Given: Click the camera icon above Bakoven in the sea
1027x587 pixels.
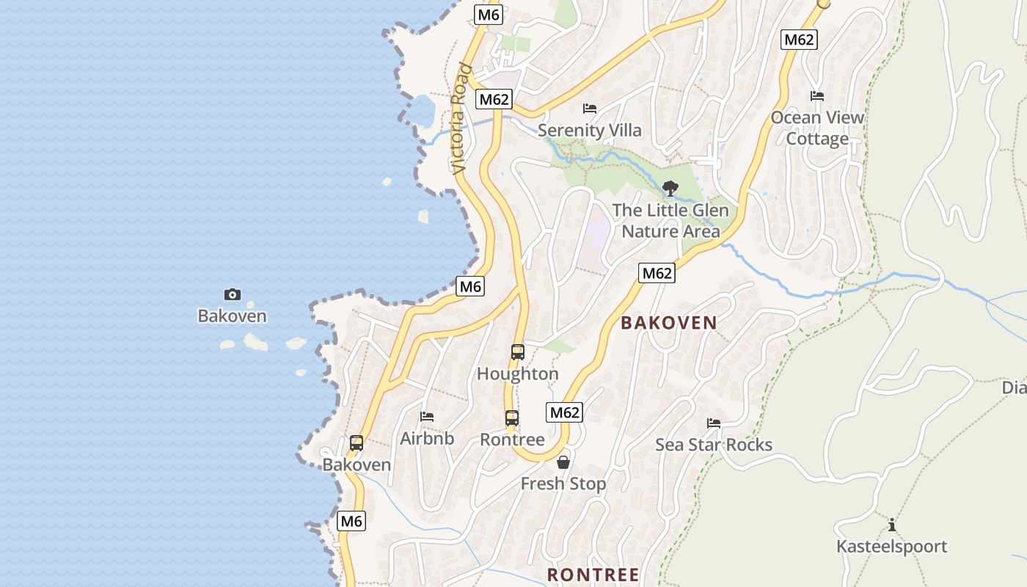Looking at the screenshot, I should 232,294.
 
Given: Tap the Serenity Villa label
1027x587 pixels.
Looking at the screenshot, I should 589,131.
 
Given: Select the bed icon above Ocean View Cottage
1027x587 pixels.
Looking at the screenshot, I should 816,96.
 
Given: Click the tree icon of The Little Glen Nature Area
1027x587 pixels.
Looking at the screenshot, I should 670,189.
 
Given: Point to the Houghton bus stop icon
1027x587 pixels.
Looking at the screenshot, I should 518,352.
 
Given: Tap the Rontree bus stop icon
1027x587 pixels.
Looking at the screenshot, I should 512,418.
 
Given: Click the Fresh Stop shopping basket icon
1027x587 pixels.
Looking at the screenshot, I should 563,462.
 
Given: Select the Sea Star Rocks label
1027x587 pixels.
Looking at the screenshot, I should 713,445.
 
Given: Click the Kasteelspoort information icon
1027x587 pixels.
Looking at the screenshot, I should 892,525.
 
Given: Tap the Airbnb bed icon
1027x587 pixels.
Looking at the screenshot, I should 427,417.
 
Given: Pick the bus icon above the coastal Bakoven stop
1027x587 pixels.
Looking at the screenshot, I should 357,443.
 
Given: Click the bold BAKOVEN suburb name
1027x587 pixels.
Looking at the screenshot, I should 669,323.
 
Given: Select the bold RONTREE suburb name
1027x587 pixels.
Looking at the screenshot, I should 593,574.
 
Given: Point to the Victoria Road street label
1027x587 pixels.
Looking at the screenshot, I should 460,119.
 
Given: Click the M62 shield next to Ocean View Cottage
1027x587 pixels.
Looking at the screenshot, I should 799,40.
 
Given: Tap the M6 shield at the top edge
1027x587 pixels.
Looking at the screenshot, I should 488,15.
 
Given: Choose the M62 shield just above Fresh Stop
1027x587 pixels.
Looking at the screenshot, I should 564,412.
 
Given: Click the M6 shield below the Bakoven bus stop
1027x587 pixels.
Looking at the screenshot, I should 351,521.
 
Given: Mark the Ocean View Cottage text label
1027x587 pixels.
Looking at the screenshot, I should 817,128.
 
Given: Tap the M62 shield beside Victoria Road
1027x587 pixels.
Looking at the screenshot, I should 493,99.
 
